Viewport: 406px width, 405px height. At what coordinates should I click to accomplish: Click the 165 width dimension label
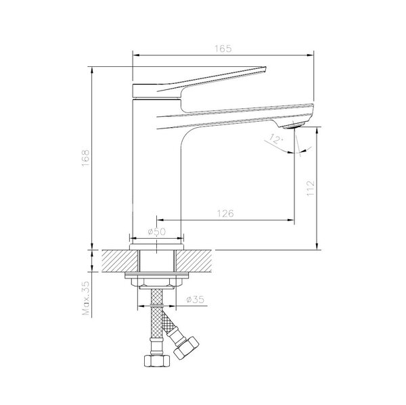(x=223, y=49)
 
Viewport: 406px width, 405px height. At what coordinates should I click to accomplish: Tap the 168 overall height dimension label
(x=85, y=158)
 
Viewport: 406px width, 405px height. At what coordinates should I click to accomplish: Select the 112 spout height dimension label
(x=310, y=188)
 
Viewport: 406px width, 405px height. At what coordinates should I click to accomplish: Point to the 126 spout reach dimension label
(x=225, y=214)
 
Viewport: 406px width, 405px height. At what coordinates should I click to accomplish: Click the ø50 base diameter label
(x=157, y=232)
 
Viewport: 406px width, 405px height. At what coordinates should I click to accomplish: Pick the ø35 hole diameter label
(x=196, y=300)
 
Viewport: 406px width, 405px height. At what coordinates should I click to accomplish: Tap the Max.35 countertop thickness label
(x=86, y=298)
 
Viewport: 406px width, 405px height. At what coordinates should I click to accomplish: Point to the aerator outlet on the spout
(x=292, y=126)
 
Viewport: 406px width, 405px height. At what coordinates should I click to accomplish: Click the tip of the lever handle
(x=266, y=68)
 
